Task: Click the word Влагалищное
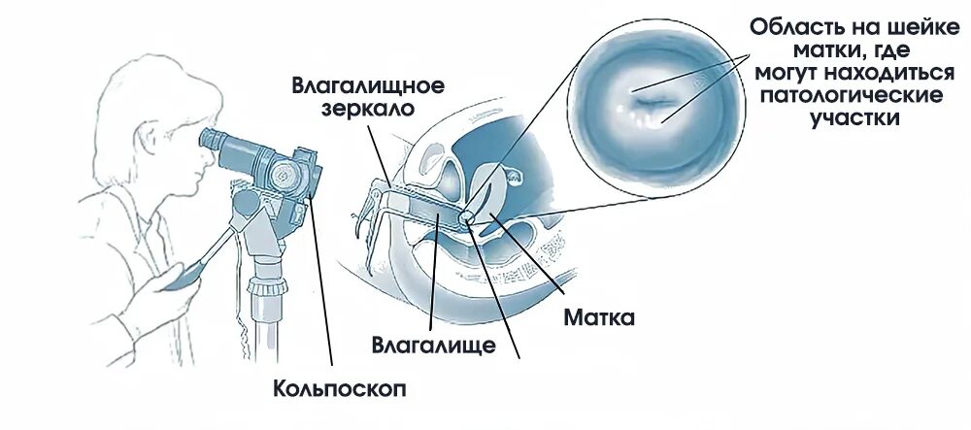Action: [x=368, y=84]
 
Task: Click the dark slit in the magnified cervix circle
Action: [x=653, y=98]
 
